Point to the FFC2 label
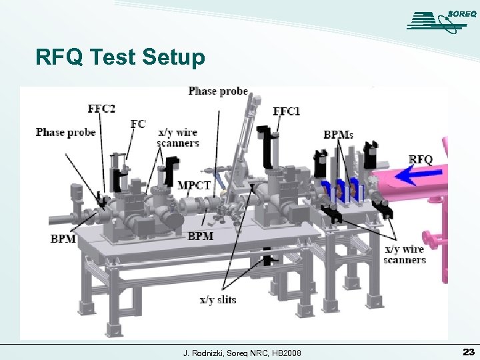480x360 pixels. pos(101,108)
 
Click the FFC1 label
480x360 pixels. pos(287,111)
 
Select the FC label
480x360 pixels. pos(137,123)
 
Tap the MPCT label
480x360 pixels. pos(194,185)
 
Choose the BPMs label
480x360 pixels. pos(338,134)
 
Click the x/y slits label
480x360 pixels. pos(218,300)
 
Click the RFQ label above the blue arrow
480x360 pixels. pos(420,159)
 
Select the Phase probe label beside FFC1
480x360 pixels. pos(218,91)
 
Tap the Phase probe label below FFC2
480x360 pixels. pos(65,132)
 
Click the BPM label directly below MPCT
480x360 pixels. pos(201,236)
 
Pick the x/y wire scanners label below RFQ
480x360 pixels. pos(405,255)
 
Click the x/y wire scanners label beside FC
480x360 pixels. pos(178,137)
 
